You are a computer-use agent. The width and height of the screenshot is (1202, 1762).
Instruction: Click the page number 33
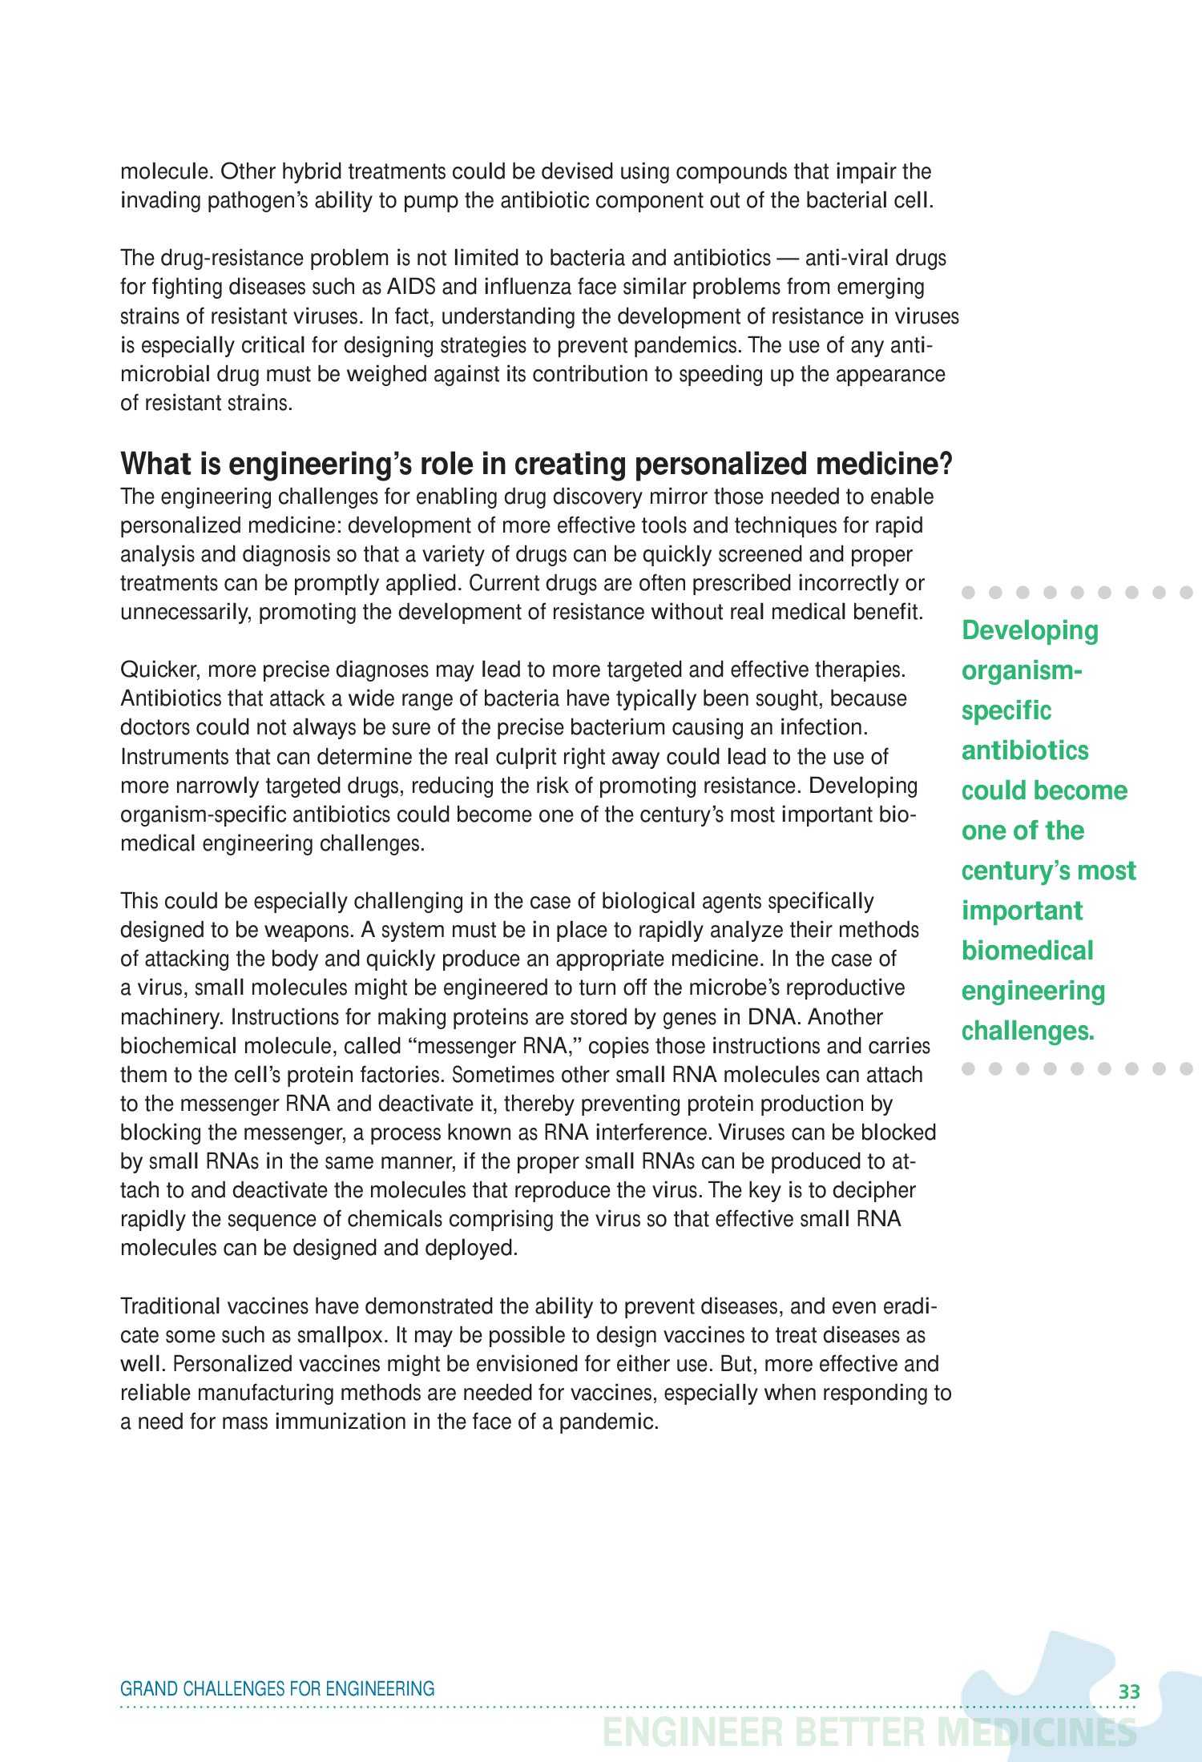pos(1129,1692)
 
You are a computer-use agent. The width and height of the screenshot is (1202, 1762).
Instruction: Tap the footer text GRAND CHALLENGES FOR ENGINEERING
pos(277,1688)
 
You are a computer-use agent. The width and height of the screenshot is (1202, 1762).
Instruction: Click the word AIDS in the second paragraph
pos(410,287)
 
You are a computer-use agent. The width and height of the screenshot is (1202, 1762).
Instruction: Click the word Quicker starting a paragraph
pos(158,670)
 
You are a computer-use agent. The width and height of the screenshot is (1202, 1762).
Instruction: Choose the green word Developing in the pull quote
pos(1030,631)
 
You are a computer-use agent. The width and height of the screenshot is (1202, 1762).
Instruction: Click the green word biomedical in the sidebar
pos(1027,951)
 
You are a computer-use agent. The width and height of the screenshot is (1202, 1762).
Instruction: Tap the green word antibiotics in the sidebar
pos(1025,750)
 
